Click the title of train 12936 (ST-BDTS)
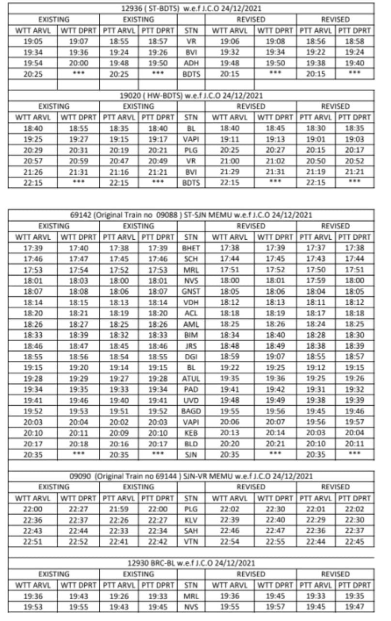point(191,9)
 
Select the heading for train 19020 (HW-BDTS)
point(191,96)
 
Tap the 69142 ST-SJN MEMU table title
point(191,215)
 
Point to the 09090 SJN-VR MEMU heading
point(191,476)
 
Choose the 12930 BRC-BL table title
point(191,563)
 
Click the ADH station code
point(191,63)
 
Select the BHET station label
point(191,248)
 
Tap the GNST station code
point(191,292)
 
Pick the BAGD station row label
point(191,411)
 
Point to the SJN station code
point(191,455)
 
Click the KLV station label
point(191,520)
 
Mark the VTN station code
point(191,541)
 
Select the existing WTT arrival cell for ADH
point(33,63)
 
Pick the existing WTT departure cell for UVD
point(78,400)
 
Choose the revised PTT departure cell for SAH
point(354,530)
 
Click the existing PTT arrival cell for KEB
point(119,433)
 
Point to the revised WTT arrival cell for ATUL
point(230,378)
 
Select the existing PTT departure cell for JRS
point(158,346)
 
